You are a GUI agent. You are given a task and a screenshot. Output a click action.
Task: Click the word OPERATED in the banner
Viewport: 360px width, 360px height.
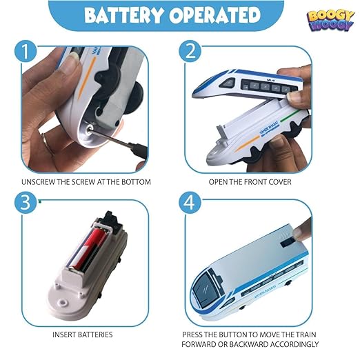point(215,15)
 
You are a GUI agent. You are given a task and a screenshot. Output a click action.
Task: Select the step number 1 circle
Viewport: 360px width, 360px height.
point(26,51)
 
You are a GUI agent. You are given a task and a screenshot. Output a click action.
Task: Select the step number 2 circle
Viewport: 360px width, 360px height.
point(190,51)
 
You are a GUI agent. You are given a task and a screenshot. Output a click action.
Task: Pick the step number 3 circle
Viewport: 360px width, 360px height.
point(26,203)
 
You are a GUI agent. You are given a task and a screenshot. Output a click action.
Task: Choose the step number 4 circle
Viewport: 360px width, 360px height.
point(190,203)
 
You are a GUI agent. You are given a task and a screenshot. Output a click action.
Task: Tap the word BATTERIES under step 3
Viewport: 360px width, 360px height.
point(94,334)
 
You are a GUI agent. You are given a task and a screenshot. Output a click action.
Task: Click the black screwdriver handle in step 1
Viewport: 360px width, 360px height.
point(138,150)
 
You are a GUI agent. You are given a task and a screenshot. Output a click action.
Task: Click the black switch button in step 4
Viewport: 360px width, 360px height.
point(287,242)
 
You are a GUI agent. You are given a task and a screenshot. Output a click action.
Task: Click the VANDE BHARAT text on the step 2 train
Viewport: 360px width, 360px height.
point(269,128)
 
